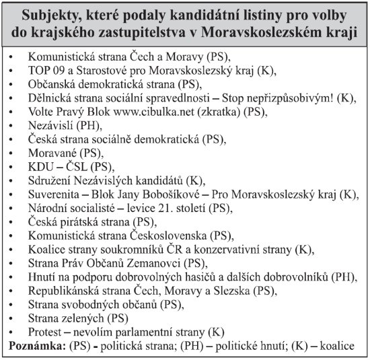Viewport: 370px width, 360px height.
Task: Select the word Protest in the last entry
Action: point(46,332)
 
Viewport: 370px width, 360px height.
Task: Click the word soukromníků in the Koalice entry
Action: point(147,249)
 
